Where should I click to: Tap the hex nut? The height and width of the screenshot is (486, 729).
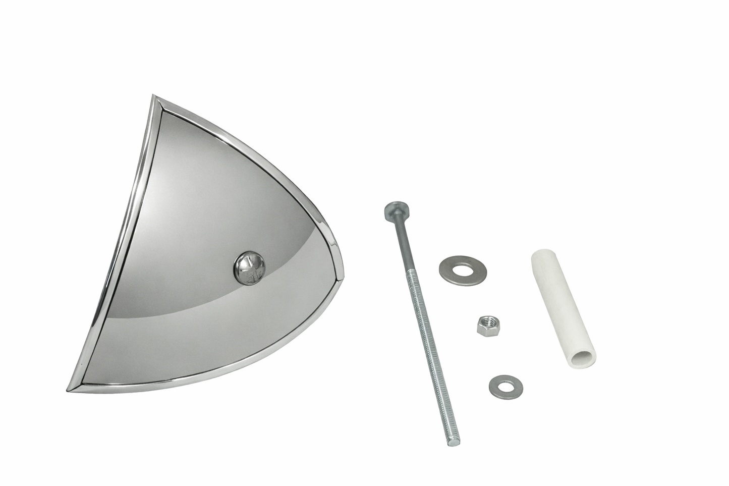pyautogui.click(x=485, y=323)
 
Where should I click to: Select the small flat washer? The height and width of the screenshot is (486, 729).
pyautogui.click(x=506, y=385)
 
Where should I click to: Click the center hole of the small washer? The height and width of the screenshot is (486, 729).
pyautogui.click(x=506, y=385)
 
